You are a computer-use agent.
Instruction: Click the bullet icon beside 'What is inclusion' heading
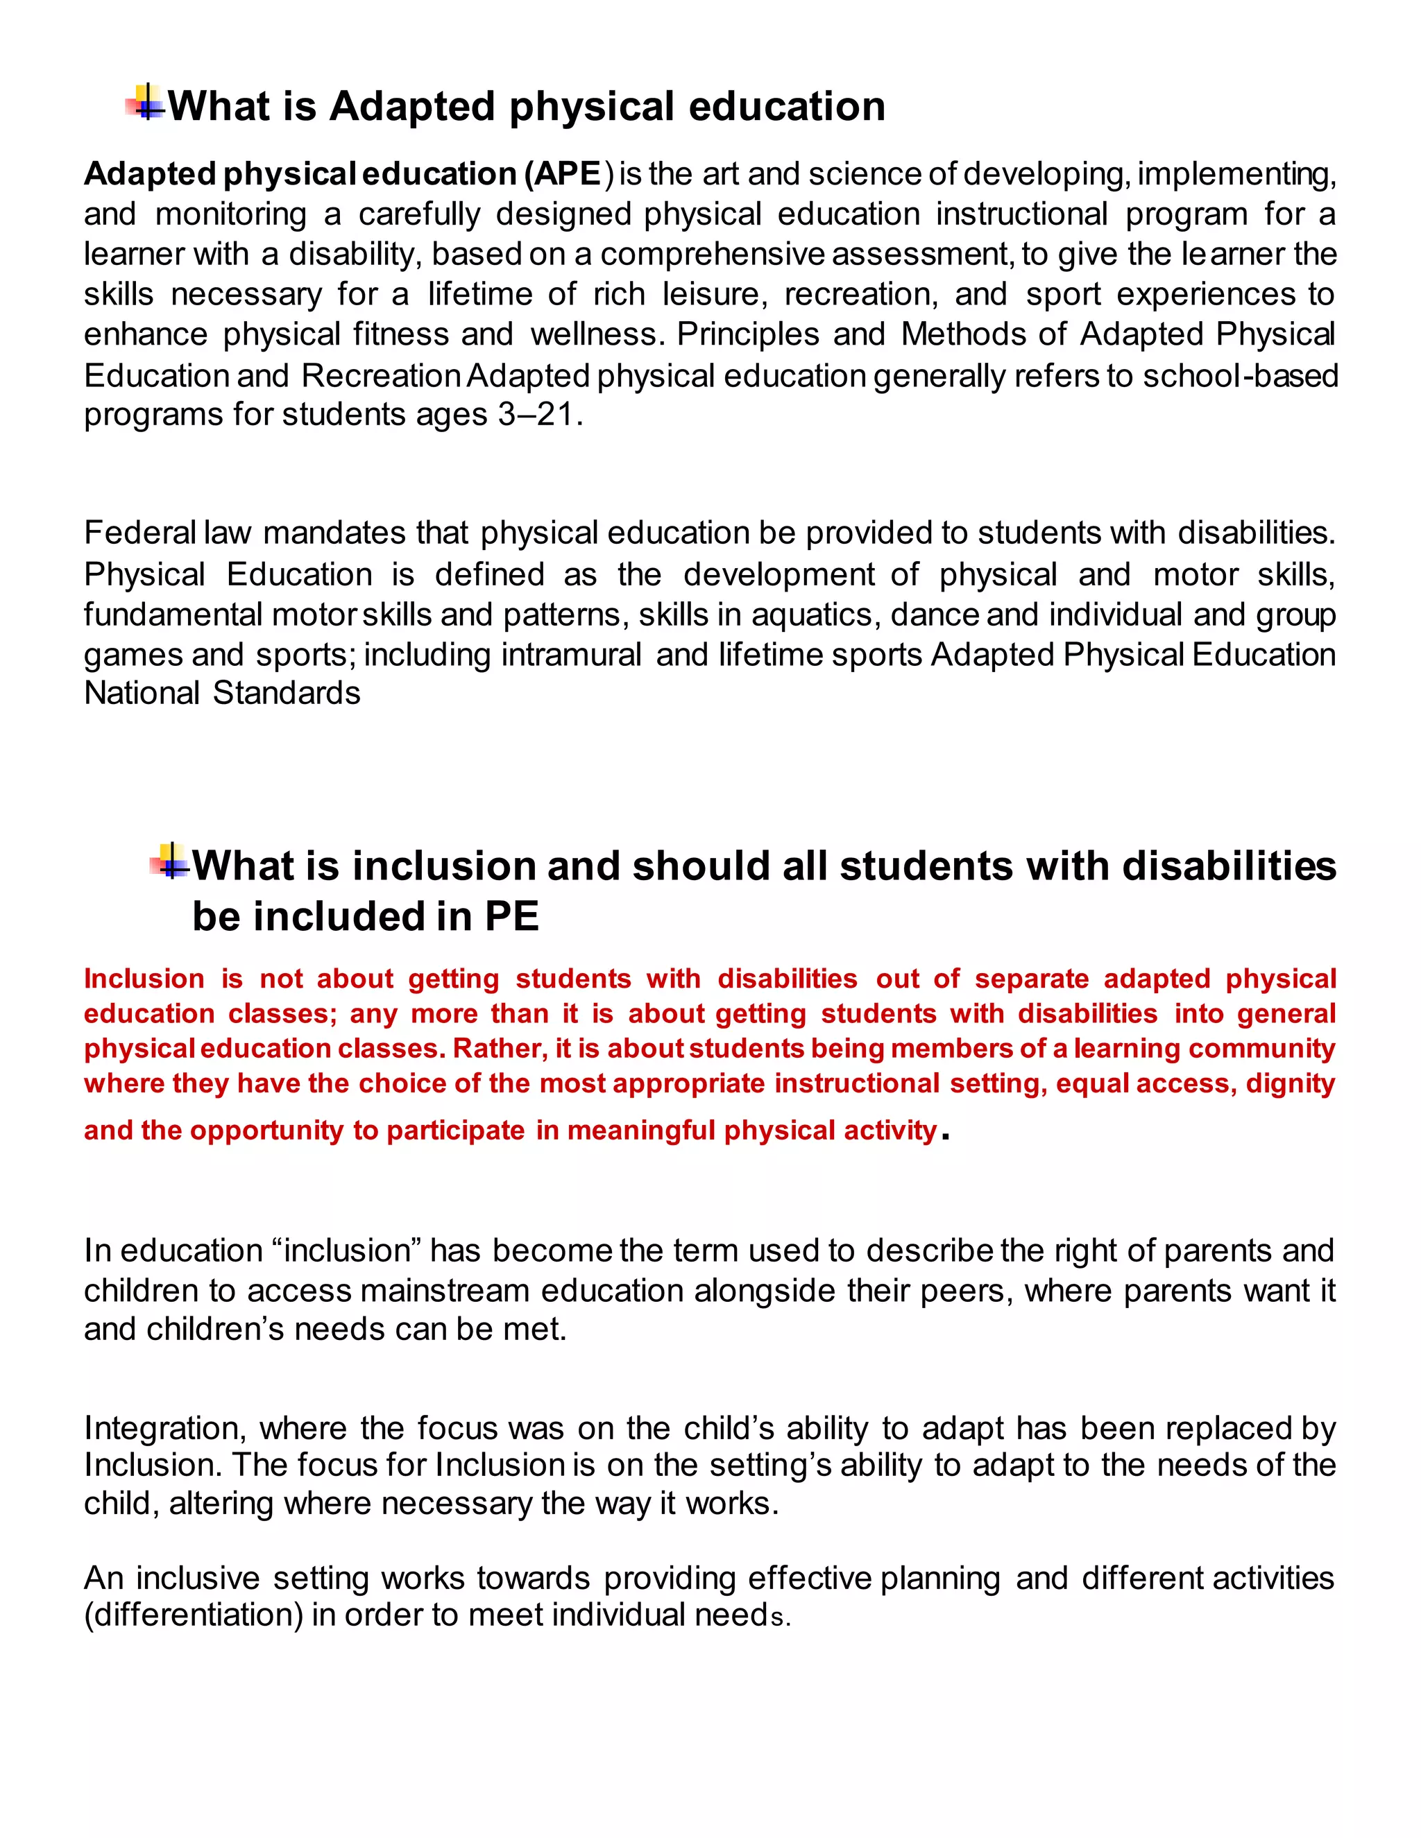(x=171, y=861)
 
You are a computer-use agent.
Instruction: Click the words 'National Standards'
(x=222, y=694)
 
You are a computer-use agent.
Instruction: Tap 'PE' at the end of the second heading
(x=511, y=916)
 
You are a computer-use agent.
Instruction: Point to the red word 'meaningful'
(x=642, y=1131)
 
